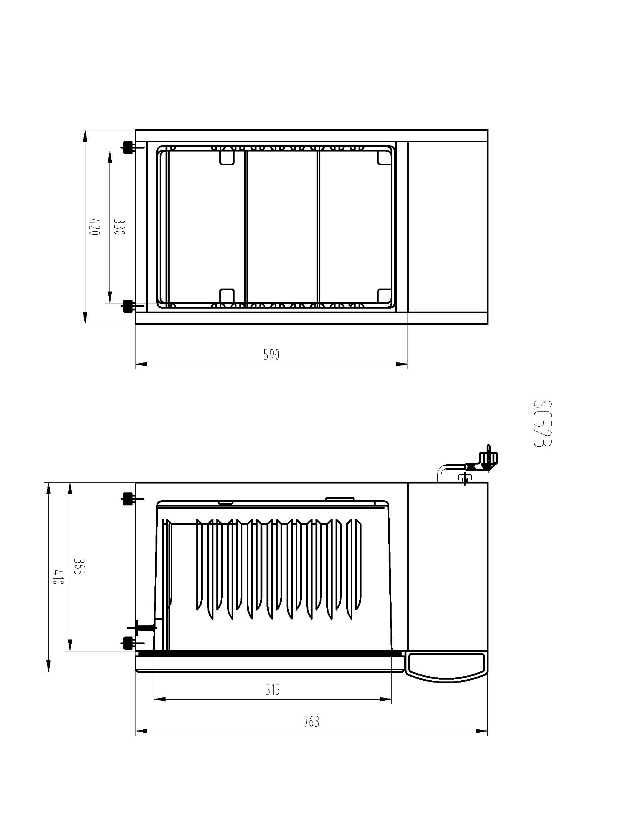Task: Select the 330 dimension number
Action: (118, 227)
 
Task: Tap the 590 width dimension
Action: (271, 354)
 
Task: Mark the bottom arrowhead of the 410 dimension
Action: (48, 666)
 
